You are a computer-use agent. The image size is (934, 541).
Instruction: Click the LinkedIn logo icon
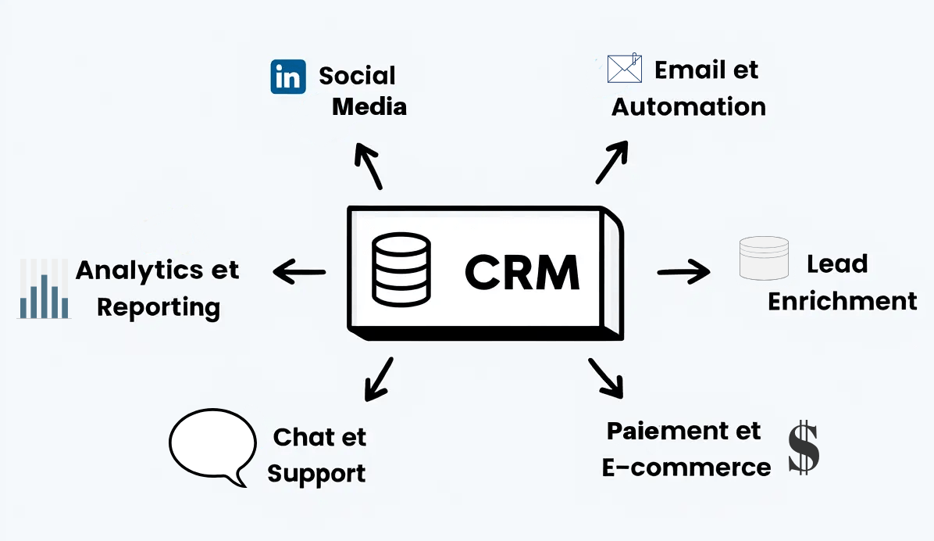coord(287,77)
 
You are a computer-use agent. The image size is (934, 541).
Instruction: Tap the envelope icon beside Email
coord(624,69)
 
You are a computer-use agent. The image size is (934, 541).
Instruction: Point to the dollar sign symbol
coord(804,448)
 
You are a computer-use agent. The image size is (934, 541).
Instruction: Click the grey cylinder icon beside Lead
coord(764,259)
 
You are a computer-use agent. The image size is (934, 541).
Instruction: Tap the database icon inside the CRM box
coord(401,270)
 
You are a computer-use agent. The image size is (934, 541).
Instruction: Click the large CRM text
coord(522,271)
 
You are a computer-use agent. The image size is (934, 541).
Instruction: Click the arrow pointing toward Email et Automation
coord(612,163)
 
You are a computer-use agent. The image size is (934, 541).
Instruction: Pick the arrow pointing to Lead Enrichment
coord(683,272)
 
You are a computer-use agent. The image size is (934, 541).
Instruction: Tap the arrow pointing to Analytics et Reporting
coord(299,272)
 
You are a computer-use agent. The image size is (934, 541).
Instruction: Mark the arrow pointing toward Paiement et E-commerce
coord(607,378)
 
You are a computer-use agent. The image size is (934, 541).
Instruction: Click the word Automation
coord(688,107)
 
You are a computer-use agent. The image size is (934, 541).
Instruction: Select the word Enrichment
coord(842,301)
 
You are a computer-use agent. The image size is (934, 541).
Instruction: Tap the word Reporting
coord(158,307)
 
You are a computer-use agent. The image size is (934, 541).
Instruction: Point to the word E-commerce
coord(686,468)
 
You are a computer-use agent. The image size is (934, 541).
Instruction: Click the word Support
coord(316,473)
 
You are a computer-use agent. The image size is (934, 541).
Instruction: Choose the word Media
coord(369,106)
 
